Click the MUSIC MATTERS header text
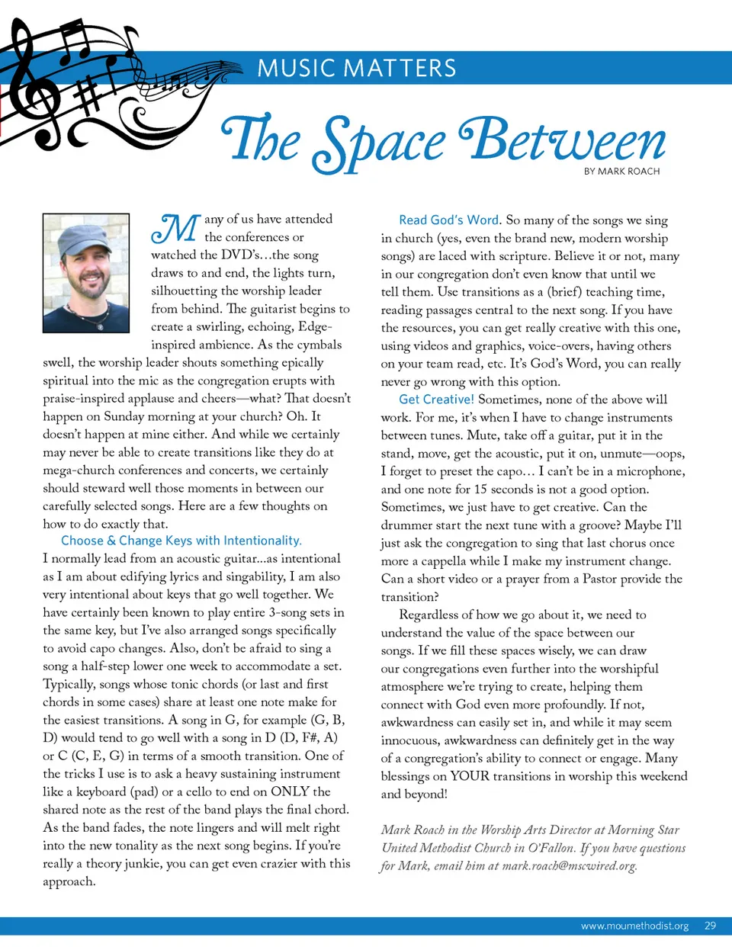[x=356, y=69]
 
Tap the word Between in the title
[x=563, y=142]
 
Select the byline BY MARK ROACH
[x=621, y=172]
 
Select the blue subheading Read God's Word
[x=449, y=220]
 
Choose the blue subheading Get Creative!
[x=436, y=400]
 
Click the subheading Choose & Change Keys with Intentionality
[x=181, y=541]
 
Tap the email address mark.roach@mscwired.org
[x=569, y=865]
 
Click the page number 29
[x=710, y=926]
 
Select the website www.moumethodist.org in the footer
[x=634, y=926]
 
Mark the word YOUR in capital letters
[x=470, y=776]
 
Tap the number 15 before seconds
[x=480, y=490]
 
